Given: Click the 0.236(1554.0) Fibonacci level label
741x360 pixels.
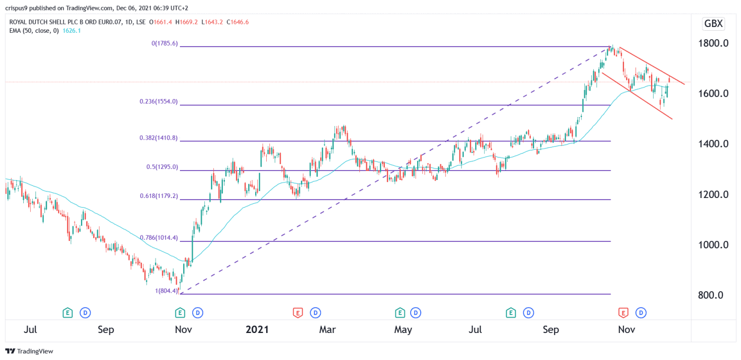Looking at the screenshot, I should tap(158, 102).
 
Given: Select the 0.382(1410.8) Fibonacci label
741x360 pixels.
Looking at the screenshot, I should tap(158, 138).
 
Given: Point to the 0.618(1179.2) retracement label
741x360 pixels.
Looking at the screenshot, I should tap(158, 196).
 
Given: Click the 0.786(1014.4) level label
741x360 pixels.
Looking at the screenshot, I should tap(158, 238).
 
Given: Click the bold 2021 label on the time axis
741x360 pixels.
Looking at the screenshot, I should tap(257, 330).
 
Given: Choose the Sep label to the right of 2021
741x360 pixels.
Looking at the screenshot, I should tap(550, 330).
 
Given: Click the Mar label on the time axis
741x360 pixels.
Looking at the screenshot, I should tap(327, 330).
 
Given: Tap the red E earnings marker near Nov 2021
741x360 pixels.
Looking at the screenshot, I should tap(623, 313).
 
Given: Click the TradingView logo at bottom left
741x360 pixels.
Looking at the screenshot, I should tap(30, 351).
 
